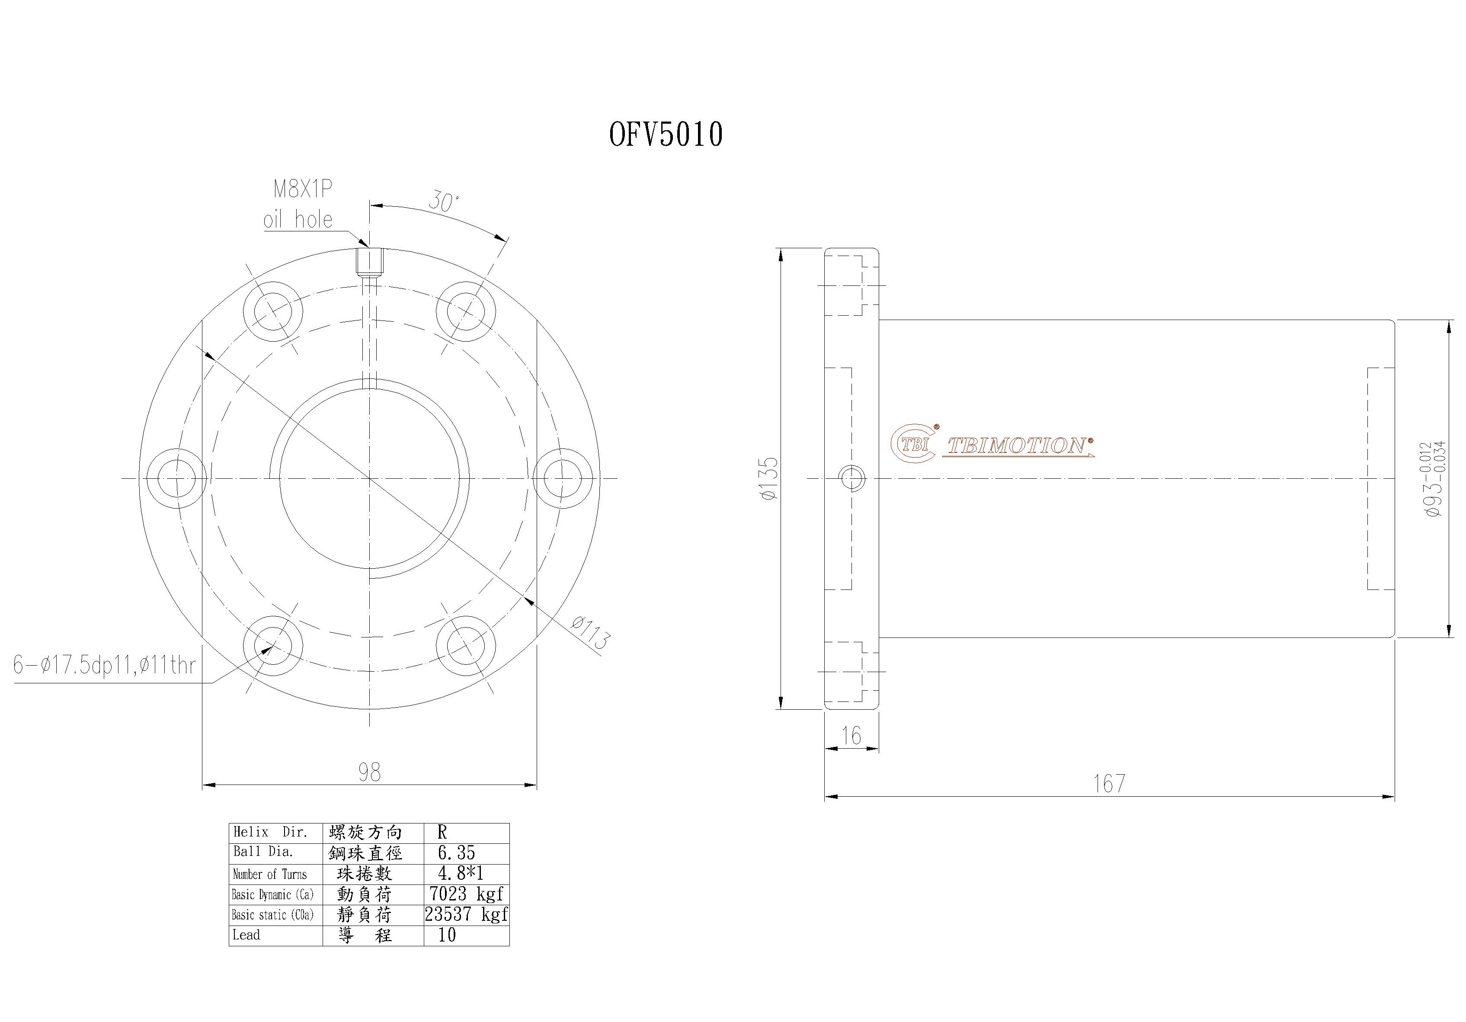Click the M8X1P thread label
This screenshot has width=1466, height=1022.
pos(303,190)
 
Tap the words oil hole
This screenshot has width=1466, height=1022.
pos(298,220)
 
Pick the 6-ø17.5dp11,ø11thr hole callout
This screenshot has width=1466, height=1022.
pos(104,666)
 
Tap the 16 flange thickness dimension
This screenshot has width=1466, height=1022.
pos(851,735)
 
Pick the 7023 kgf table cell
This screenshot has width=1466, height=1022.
pos(466,893)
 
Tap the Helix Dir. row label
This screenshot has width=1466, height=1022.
pos(270,832)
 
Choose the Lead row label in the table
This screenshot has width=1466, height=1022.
pos(246,935)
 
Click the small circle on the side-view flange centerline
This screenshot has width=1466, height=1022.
pos(852,478)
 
